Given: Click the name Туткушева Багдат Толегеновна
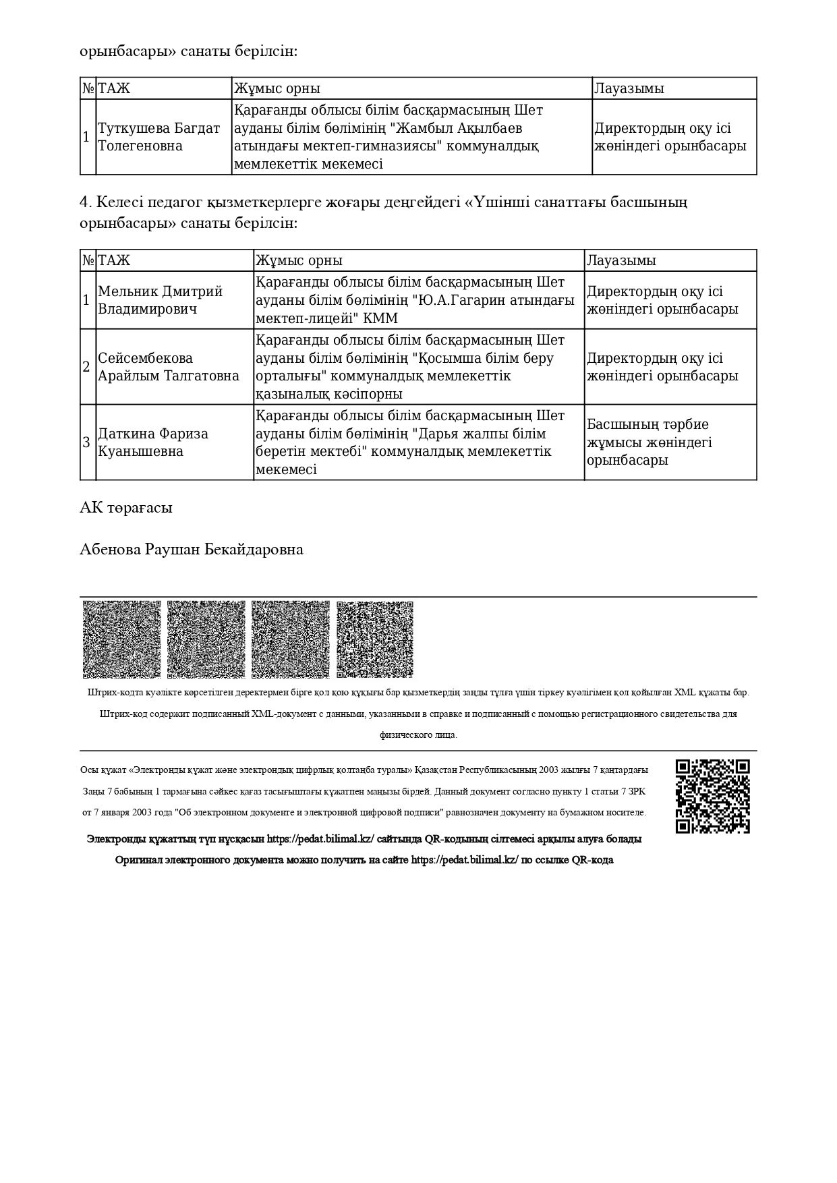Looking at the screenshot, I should tap(159, 137).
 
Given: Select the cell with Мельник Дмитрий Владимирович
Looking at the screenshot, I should tap(160, 300).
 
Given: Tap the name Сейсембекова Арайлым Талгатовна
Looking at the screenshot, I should tap(169, 367).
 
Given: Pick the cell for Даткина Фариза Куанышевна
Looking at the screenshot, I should tap(153, 442).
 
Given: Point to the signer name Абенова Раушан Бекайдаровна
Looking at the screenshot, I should tap(192, 550).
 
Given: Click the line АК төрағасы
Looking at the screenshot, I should tap(126, 508).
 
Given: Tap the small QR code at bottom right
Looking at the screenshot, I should tap(712, 797).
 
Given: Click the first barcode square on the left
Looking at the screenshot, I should tap(121, 639).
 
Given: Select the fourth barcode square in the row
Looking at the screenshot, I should tap(375, 639).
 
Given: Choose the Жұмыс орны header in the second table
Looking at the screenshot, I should tap(299, 260).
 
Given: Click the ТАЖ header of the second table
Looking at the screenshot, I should tap(114, 260).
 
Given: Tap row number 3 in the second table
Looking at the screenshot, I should tap(86, 442).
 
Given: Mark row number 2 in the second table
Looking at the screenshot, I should tap(86, 367).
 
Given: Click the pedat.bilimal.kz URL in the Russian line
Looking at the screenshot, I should tap(465, 861).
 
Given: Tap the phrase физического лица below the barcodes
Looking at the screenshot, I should tap(418, 735).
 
